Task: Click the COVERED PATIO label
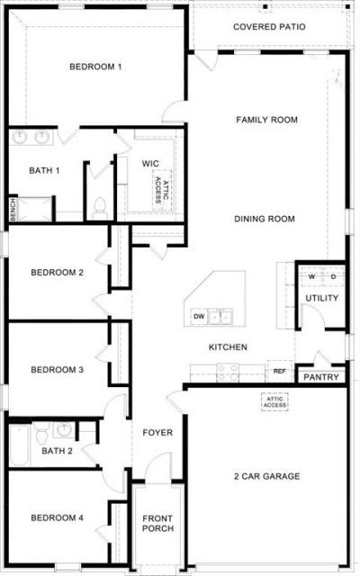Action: point(269,27)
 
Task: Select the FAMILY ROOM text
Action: point(266,120)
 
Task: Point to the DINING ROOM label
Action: point(265,219)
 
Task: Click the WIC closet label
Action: point(150,163)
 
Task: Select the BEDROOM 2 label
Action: point(57,273)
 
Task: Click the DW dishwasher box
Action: point(199,317)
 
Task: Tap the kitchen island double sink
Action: point(220,316)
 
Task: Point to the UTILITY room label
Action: point(320,298)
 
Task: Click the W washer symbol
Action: point(311,276)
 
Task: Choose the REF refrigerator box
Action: point(279,370)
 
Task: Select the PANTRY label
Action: point(320,377)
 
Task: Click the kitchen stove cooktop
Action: point(228,369)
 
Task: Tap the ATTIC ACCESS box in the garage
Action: point(274,401)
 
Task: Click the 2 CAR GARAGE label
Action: point(266,476)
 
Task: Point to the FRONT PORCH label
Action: point(157,523)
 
